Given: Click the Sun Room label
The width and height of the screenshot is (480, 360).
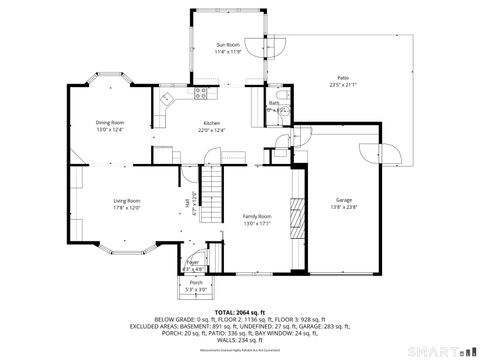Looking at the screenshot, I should click(x=228, y=45).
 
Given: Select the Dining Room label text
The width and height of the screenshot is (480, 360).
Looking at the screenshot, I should click(x=110, y=122).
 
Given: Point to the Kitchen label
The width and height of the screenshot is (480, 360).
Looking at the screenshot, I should click(x=211, y=122).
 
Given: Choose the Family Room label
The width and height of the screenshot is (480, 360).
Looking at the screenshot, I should click(x=258, y=217).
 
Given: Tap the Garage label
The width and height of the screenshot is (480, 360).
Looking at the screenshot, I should click(x=344, y=201).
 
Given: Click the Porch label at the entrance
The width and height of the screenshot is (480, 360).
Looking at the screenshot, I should click(x=196, y=283).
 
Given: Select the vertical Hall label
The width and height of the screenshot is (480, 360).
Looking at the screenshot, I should click(x=187, y=205).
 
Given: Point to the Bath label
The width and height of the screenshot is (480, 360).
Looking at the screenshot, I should click(x=274, y=103).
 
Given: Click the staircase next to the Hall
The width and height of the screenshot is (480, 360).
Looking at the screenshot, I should click(x=211, y=195).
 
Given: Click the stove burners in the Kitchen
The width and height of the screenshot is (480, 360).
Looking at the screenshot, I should click(x=200, y=94).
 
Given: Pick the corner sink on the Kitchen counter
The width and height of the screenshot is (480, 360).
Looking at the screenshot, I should click(x=166, y=101).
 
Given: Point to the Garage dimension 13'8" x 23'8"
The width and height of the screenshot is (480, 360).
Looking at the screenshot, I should click(x=344, y=208).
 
